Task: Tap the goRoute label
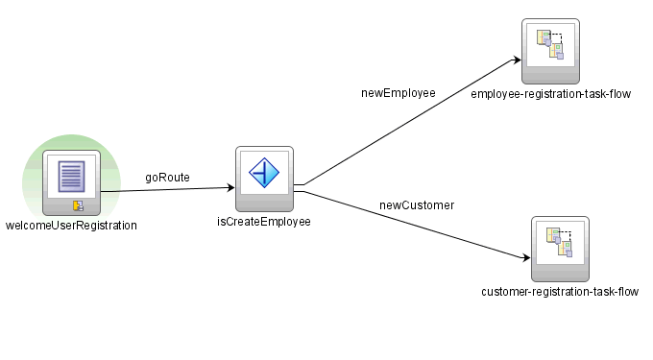click(167, 177)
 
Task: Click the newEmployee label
click(398, 93)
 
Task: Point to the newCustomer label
click(416, 204)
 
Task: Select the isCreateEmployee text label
click(263, 222)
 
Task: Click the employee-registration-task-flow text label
click(550, 93)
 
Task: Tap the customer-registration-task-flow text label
click(559, 291)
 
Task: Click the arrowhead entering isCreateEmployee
click(230, 187)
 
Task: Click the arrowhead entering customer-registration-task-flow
click(524, 257)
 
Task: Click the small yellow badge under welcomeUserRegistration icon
click(79, 205)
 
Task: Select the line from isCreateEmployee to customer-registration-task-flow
click(413, 225)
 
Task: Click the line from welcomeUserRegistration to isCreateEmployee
click(163, 189)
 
